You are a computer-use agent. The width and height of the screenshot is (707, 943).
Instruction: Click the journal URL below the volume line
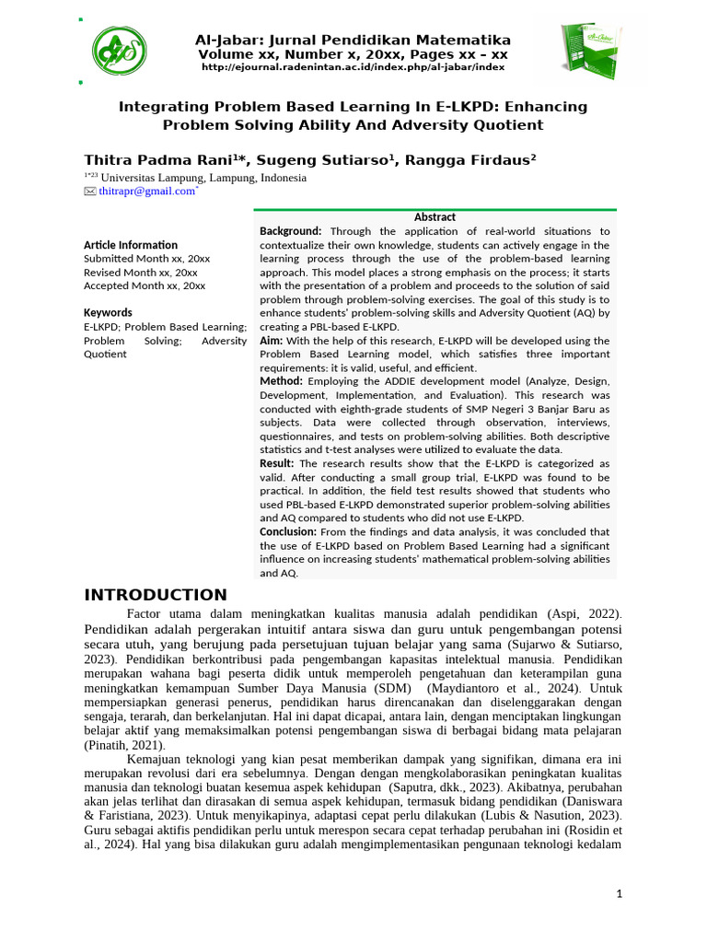[x=353, y=68]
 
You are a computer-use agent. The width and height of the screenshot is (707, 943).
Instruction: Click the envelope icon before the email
[x=90, y=192]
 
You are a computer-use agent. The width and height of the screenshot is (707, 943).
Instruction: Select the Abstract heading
[x=435, y=217]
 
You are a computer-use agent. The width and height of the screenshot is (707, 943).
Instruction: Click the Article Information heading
[x=131, y=245]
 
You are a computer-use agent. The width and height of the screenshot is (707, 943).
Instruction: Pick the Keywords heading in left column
[x=108, y=312]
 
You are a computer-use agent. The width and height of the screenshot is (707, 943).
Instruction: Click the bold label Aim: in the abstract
[x=272, y=341]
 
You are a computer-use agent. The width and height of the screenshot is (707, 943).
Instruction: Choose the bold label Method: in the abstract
[x=281, y=380]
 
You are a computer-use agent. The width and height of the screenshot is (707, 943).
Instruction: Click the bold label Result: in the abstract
[x=276, y=463]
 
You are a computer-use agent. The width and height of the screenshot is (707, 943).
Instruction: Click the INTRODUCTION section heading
[x=156, y=595]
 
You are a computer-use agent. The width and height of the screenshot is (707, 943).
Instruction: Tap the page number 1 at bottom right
[x=620, y=894]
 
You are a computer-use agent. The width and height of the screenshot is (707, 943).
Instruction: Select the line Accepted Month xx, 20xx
[x=145, y=286]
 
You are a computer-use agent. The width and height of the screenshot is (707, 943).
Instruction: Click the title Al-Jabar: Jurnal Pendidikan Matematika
[x=353, y=41]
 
